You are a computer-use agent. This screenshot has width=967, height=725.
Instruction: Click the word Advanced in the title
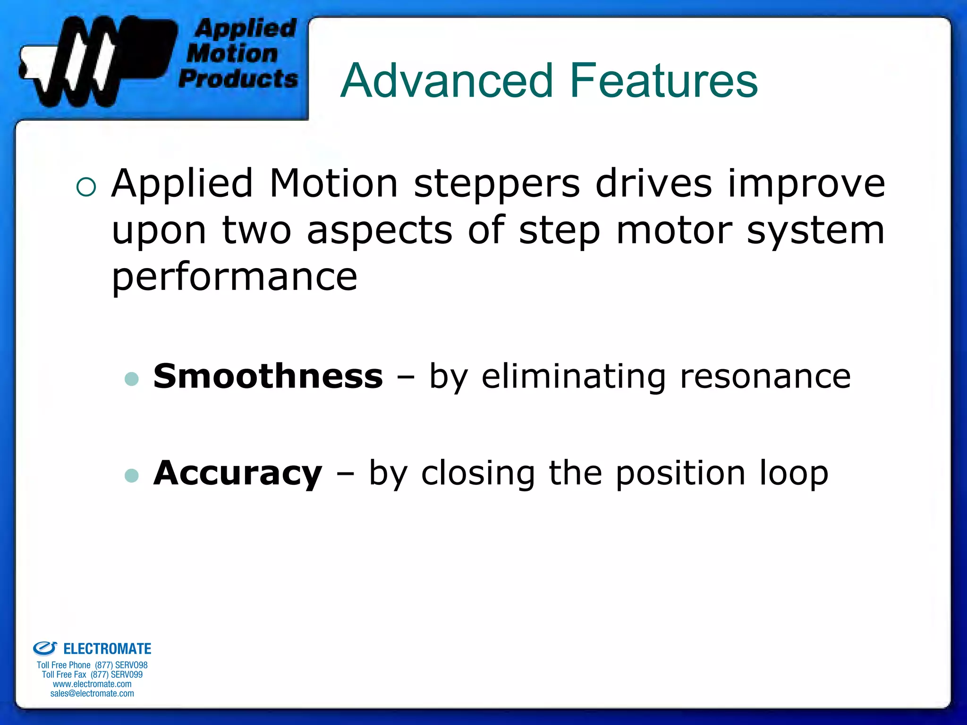[x=446, y=81]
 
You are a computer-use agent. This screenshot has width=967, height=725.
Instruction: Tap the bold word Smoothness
[x=268, y=376]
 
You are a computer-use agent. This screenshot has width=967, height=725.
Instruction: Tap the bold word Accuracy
[x=238, y=473]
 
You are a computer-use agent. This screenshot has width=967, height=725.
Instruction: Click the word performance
[x=234, y=278]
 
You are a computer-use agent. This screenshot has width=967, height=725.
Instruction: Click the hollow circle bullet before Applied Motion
[x=86, y=187]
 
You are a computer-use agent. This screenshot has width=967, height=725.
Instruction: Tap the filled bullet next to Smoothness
[x=132, y=379]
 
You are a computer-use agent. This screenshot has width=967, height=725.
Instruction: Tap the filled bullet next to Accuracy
[x=132, y=475]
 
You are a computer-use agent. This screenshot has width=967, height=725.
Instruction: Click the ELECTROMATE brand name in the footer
[x=107, y=649]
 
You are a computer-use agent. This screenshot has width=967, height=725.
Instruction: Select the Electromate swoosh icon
[x=45, y=649]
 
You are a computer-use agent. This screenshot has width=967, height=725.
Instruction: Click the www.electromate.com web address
[x=92, y=684]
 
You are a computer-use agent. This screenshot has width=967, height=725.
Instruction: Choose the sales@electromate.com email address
[x=92, y=693]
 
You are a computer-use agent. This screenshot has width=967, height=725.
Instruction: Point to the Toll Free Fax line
[x=92, y=674]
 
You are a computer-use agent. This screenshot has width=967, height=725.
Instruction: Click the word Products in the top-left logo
[x=238, y=79]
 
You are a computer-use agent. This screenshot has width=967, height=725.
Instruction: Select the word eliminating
[x=574, y=377]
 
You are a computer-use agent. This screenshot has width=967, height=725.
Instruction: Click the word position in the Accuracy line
[x=680, y=474]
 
